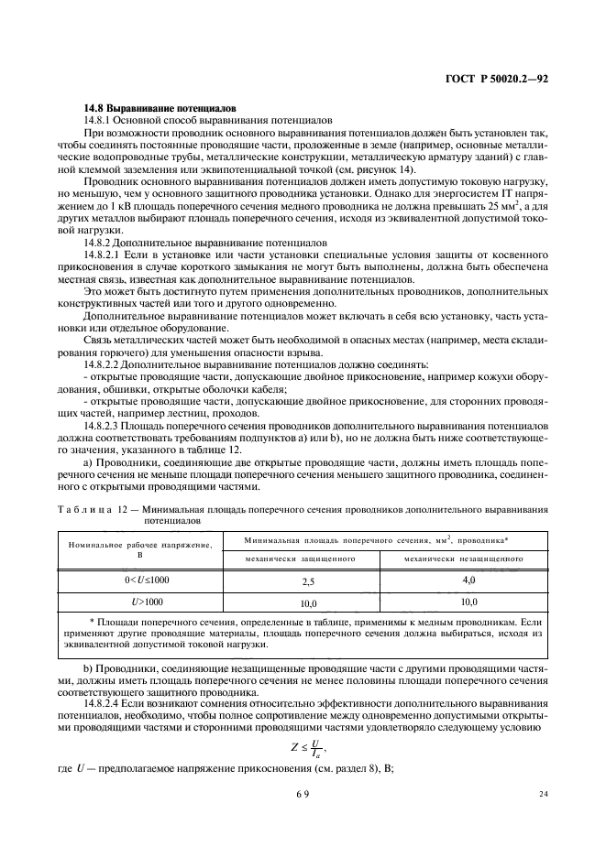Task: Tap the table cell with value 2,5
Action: pyautogui.click(x=308, y=581)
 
